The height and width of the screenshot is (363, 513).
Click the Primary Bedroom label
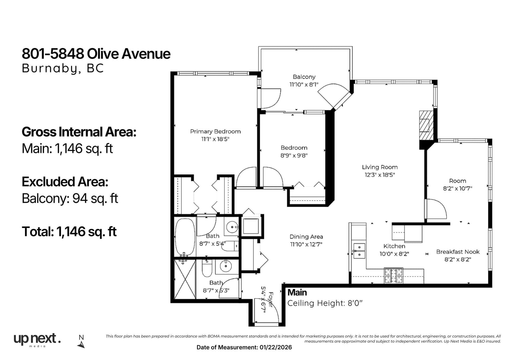(215, 131)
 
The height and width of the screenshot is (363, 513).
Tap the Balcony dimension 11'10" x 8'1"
(304, 84)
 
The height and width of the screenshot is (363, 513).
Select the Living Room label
(380, 167)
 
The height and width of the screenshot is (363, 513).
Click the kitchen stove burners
(393, 275)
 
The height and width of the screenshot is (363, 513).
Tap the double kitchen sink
(359, 251)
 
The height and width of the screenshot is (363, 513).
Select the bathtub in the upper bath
(185, 237)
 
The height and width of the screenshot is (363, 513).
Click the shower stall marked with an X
(185, 279)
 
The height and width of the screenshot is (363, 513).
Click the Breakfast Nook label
(458, 252)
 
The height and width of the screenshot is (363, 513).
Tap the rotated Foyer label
(271, 300)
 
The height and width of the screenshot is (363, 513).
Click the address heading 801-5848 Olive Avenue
(96, 54)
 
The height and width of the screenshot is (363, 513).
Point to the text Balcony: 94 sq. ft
(70, 198)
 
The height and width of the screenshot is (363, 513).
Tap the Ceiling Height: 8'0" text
(325, 303)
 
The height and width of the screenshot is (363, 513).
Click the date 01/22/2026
(276, 347)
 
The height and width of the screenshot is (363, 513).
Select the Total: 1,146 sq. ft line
(69, 232)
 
